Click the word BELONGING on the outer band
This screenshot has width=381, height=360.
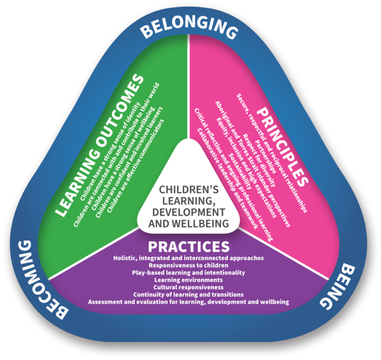click(x=190, y=28)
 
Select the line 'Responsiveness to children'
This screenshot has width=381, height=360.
click(x=188, y=265)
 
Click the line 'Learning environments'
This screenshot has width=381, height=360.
click(x=188, y=280)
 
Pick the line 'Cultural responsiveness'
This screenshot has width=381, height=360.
click(x=188, y=287)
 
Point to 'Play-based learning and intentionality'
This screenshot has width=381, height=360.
click(x=188, y=273)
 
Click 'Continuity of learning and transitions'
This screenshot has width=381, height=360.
click(x=188, y=294)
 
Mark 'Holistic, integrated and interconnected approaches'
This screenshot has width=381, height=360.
click(x=188, y=258)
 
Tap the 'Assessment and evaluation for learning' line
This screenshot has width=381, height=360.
click(x=188, y=302)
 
